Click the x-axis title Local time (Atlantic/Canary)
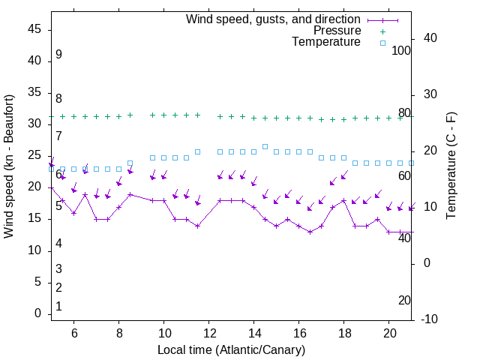(x=231, y=350)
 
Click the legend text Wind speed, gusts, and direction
(x=273, y=19)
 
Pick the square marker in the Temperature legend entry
(x=382, y=43)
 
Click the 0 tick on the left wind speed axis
(x=38, y=314)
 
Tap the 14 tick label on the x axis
(x=254, y=332)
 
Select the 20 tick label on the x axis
(x=389, y=332)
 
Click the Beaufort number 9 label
(x=58, y=55)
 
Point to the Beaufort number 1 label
(x=58, y=307)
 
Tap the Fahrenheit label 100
(x=401, y=51)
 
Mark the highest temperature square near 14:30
(x=265, y=146)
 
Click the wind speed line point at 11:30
(x=198, y=226)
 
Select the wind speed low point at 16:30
(x=310, y=232)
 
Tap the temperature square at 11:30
(x=198, y=152)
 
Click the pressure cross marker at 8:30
(x=130, y=115)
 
